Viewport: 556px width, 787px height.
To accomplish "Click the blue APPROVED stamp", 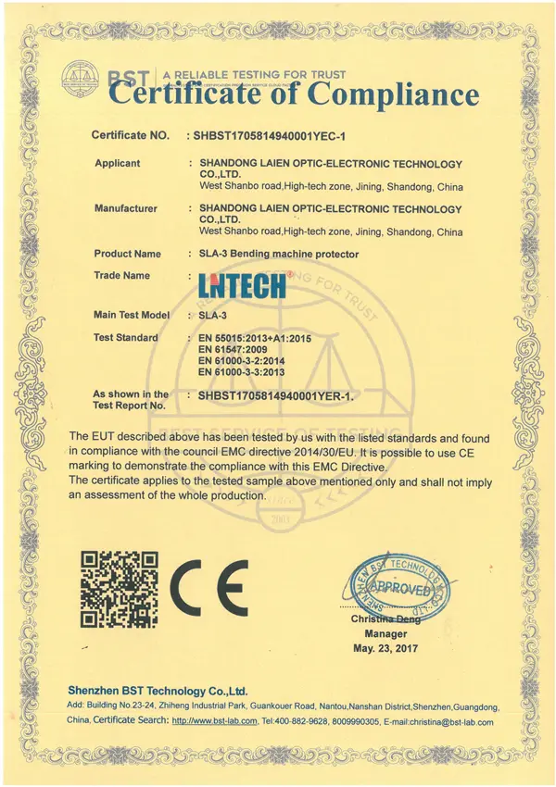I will tap(401, 587).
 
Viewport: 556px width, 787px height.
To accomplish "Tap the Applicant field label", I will tap(118, 163).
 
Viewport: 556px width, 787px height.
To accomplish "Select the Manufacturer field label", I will tap(126, 208).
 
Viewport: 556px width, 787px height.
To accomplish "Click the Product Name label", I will tap(128, 254).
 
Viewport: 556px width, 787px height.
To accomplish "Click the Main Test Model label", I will tap(132, 315).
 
